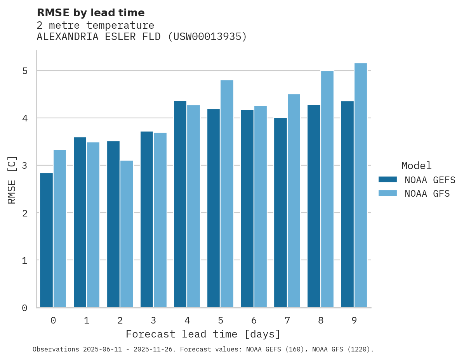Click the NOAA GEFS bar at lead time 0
coord(47,240)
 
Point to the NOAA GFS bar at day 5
coord(227,194)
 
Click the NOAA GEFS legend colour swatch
coord(388,180)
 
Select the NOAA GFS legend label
coord(427,194)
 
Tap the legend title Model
coord(416,166)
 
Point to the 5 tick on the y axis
coord(25,71)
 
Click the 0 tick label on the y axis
coord(25,308)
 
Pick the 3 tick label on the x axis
coord(153,321)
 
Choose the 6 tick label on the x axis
coord(254,321)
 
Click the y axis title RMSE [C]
coord(12,180)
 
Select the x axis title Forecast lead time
coord(203,334)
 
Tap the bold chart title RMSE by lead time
coord(90,13)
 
